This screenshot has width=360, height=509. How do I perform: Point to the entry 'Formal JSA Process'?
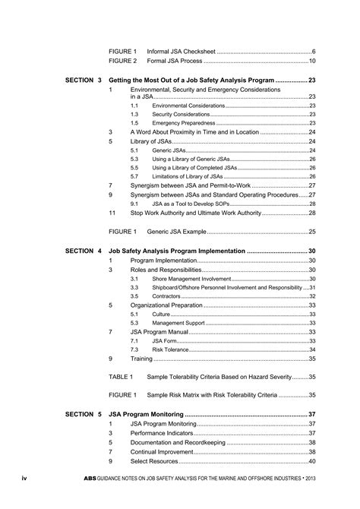(174, 61)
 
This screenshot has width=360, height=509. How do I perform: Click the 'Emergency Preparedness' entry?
(184, 123)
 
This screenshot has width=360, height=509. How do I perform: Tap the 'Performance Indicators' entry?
(163, 433)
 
